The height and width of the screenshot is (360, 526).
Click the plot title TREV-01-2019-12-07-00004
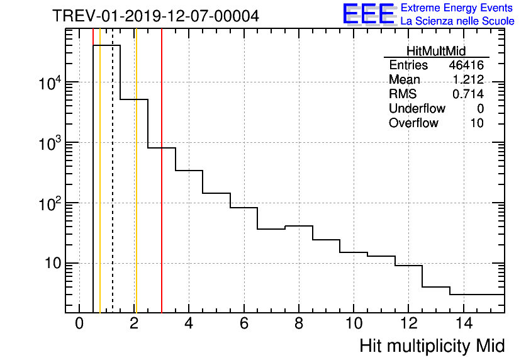(x=155, y=16)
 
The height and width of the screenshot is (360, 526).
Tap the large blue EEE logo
(x=369, y=14)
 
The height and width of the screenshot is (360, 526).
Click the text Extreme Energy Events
(x=457, y=8)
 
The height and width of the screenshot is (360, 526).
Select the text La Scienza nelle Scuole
(x=457, y=21)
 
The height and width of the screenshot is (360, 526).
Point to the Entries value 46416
(x=466, y=65)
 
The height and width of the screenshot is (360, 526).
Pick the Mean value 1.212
(x=468, y=80)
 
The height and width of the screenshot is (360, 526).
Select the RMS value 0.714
(x=468, y=94)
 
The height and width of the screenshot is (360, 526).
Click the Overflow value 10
(x=477, y=123)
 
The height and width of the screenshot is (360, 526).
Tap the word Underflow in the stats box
(x=417, y=108)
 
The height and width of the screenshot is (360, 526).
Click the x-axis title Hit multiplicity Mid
(x=432, y=346)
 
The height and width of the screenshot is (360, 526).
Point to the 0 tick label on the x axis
(x=79, y=323)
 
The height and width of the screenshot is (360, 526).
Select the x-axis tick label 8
(x=299, y=323)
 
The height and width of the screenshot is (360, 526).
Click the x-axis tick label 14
(x=463, y=323)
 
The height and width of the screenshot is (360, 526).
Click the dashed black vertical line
(x=113, y=189)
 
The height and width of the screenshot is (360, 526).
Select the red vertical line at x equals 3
(x=162, y=220)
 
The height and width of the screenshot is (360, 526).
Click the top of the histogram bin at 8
(x=299, y=226)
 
